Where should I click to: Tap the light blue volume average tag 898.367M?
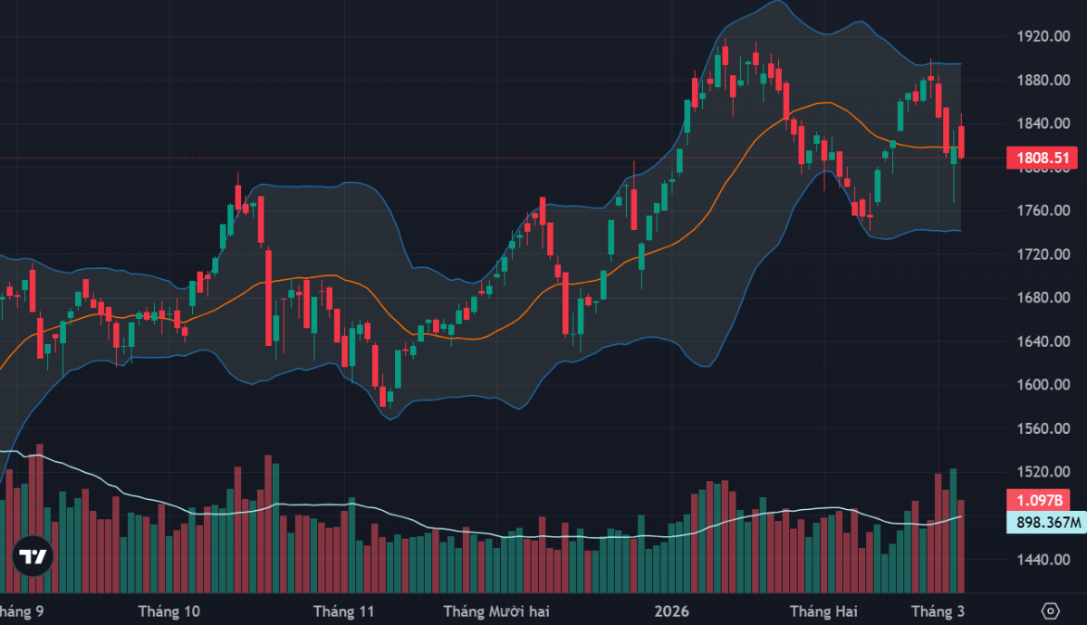(1046, 522)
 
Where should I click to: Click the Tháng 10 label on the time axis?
(169, 611)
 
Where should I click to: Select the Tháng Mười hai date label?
(496, 611)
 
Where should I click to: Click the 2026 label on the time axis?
(672, 611)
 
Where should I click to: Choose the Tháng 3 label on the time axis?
(937, 611)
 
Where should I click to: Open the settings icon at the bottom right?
(1051, 610)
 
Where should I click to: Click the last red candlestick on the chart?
(961, 141)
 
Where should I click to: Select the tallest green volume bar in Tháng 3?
(953, 530)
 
